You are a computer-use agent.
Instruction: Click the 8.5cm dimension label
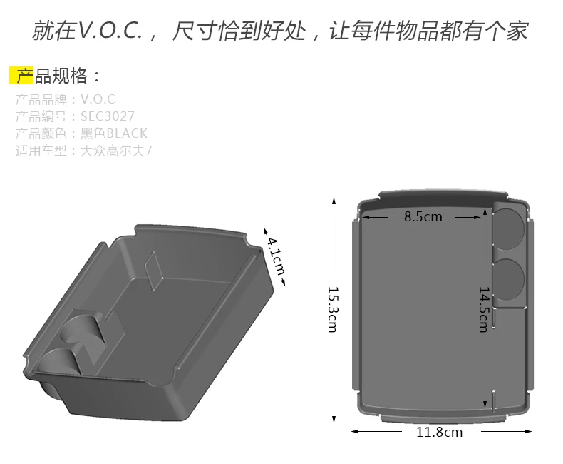click(423, 216)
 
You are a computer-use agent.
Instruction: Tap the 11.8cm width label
click(439, 432)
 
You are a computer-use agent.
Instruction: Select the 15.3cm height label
click(333, 308)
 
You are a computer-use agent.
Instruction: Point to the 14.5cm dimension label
click(483, 308)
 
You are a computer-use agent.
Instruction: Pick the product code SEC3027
click(108, 116)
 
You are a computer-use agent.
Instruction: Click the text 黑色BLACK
click(119, 133)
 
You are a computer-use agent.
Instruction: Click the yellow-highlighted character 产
click(21, 76)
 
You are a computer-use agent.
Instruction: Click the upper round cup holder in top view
click(510, 227)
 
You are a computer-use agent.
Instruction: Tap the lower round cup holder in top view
click(510, 277)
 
